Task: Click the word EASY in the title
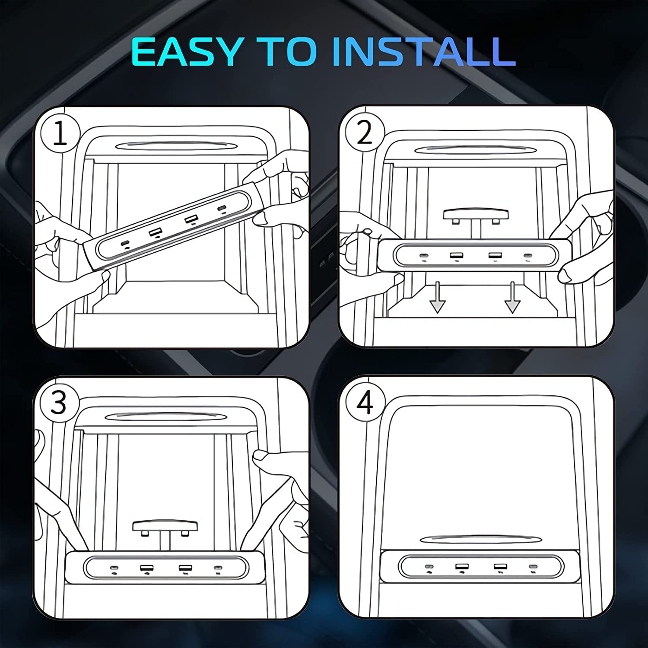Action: click(186, 51)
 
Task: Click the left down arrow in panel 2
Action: click(437, 297)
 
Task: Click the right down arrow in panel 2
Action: click(512, 297)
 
